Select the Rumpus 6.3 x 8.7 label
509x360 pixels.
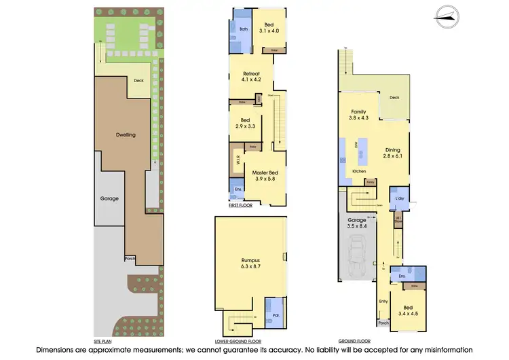(x=250, y=263)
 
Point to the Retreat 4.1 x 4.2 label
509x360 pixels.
(x=250, y=76)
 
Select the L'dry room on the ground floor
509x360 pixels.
(x=400, y=198)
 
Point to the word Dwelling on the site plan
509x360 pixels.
(x=126, y=134)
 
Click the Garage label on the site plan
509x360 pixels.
(x=109, y=198)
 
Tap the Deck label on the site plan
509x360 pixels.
(x=138, y=80)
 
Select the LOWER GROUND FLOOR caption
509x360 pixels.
(x=240, y=340)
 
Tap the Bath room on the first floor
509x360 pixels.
(x=243, y=29)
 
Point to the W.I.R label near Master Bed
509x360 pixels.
(x=237, y=162)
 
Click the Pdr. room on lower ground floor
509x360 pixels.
(x=277, y=314)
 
